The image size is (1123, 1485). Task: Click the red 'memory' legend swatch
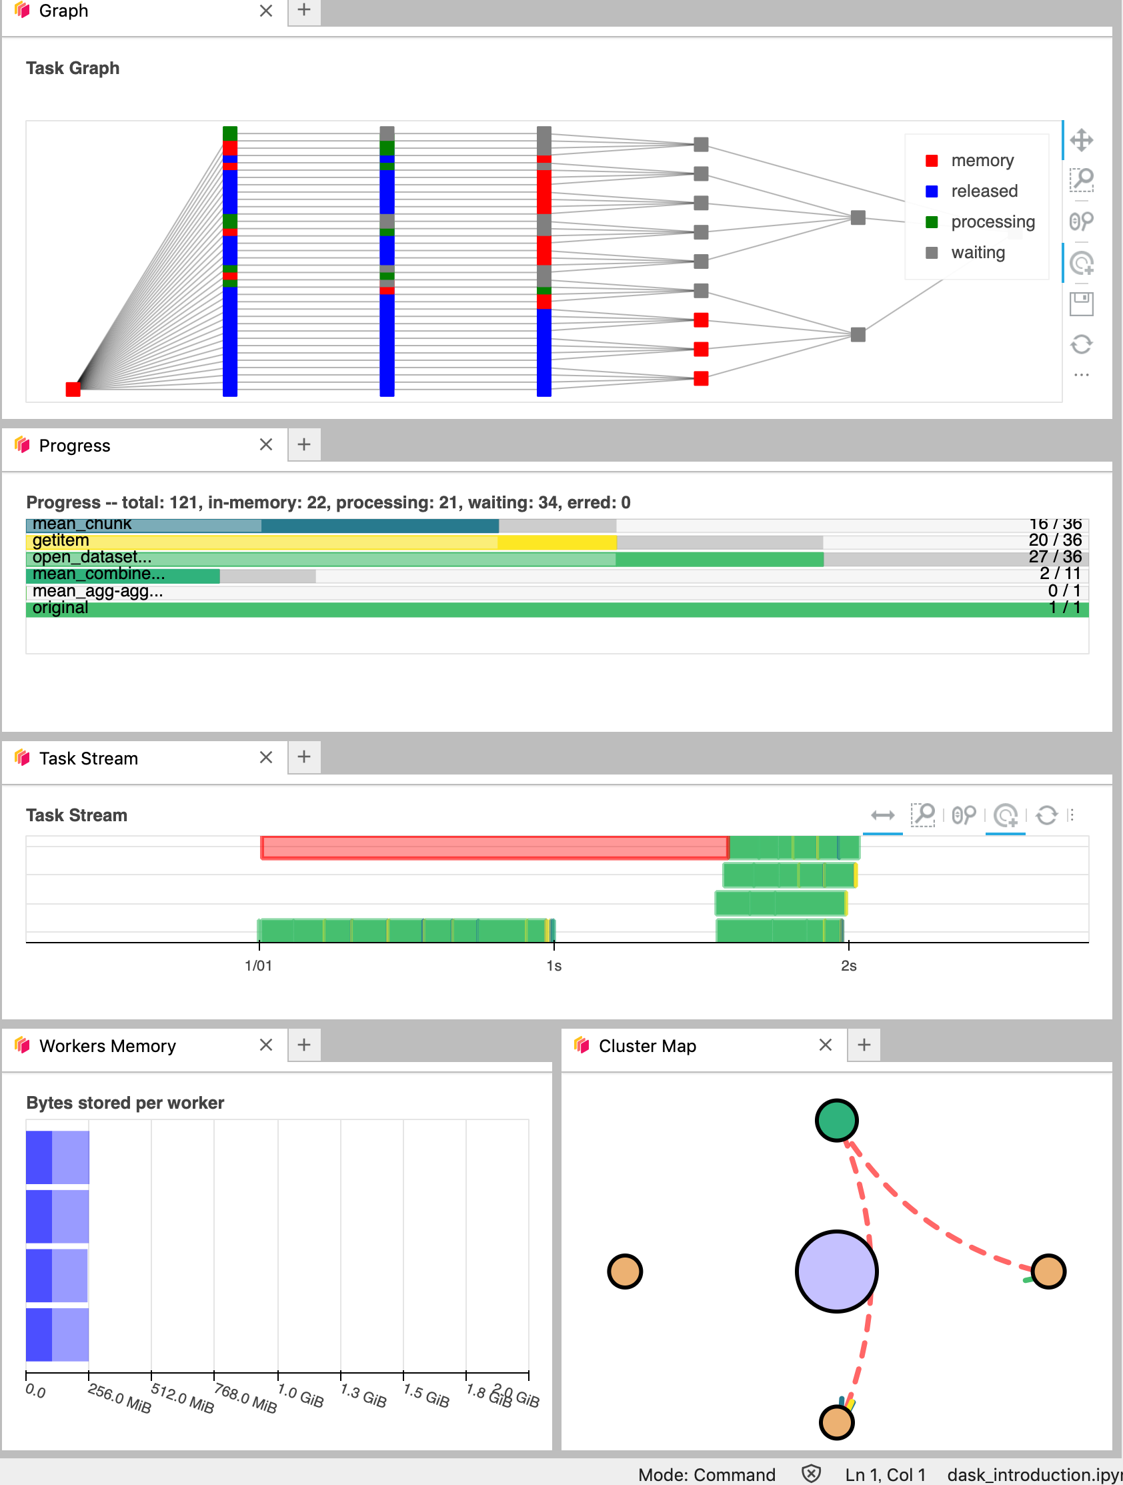pos(931,161)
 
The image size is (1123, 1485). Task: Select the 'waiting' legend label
pos(978,252)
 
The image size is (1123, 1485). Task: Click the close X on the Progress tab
pos(266,444)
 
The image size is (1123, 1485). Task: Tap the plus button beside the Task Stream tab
pos(304,757)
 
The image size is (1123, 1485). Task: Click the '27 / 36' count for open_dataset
pos(1054,556)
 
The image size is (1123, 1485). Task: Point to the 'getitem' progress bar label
pos(61,540)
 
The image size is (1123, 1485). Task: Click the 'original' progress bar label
pos(61,608)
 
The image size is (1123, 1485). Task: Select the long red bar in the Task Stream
pos(495,847)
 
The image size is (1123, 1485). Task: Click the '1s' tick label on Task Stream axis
pos(553,965)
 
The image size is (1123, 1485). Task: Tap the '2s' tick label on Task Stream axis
pos(848,965)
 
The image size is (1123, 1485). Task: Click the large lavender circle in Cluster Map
pos(836,1271)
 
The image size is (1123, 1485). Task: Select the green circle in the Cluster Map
pos(836,1120)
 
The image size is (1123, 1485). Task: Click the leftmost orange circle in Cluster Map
pos(625,1271)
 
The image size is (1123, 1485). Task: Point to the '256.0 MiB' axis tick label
pos(119,1398)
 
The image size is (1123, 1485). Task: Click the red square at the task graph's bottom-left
pos(73,390)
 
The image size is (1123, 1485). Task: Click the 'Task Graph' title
pos(73,69)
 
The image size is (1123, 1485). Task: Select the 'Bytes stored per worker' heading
pos(125,1102)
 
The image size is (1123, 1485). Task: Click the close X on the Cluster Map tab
pos(826,1045)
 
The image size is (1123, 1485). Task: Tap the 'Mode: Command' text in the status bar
pos(706,1474)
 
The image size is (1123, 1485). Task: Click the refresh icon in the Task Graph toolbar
pos(1081,344)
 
